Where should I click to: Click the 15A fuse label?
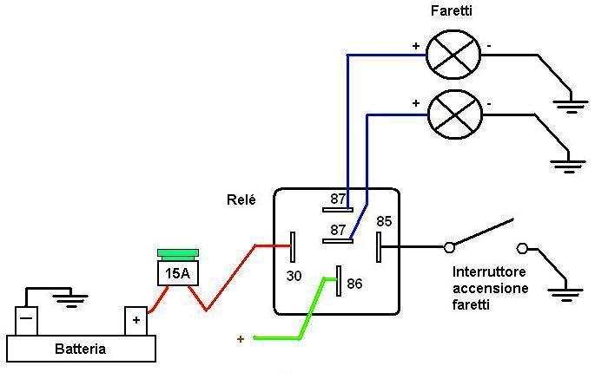pos(177,275)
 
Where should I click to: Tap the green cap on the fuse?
pos(177,254)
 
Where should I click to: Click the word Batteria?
pos(80,350)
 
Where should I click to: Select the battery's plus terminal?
pos(135,320)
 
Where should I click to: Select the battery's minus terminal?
pos(27,320)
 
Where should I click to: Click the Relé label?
pos(241,199)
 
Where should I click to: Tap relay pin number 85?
pos(384,222)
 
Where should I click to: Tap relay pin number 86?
pos(354,284)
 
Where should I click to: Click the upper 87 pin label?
pos(338,199)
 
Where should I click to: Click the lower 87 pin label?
pos(337,230)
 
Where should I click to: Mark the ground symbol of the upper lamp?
pos(569,106)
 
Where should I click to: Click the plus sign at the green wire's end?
pos(241,339)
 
